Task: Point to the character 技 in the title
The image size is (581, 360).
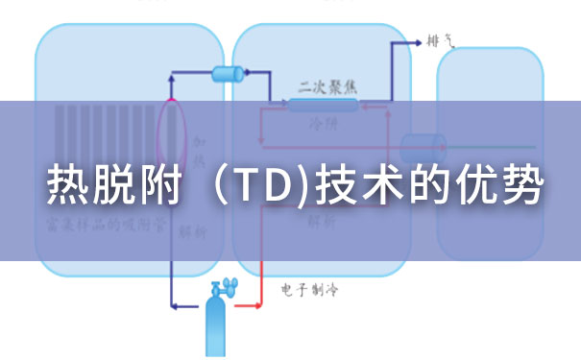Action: pos(330,186)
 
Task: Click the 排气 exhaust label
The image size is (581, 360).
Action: pos(440,41)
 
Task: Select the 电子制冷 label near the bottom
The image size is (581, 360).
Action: pos(309,288)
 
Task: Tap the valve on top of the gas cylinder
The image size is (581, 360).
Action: pos(225,285)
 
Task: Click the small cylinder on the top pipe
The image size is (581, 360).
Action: pos(229,73)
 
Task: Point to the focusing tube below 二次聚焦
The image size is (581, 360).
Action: pos(324,104)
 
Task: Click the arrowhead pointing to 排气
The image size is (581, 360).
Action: pos(418,42)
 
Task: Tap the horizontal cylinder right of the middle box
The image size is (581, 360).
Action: pos(423,147)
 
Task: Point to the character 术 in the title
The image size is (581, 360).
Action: pos(378,186)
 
